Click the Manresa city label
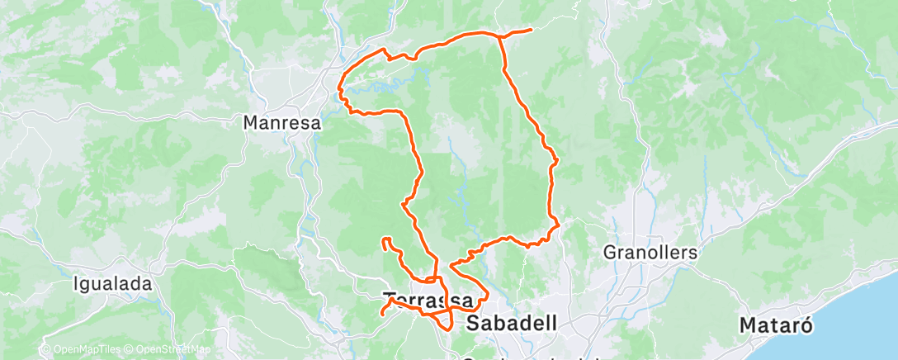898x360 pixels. (x=281, y=122)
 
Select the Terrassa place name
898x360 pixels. (x=428, y=299)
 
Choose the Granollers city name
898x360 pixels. (x=650, y=252)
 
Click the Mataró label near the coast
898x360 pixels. (x=776, y=324)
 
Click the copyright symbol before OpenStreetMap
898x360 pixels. (x=131, y=350)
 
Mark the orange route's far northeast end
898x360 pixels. (x=530, y=31)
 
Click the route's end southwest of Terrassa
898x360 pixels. (x=382, y=314)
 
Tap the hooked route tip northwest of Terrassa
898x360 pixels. (x=384, y=240)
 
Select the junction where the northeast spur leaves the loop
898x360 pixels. (x=500, y=36)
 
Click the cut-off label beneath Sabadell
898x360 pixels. (x=528, y=357)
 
